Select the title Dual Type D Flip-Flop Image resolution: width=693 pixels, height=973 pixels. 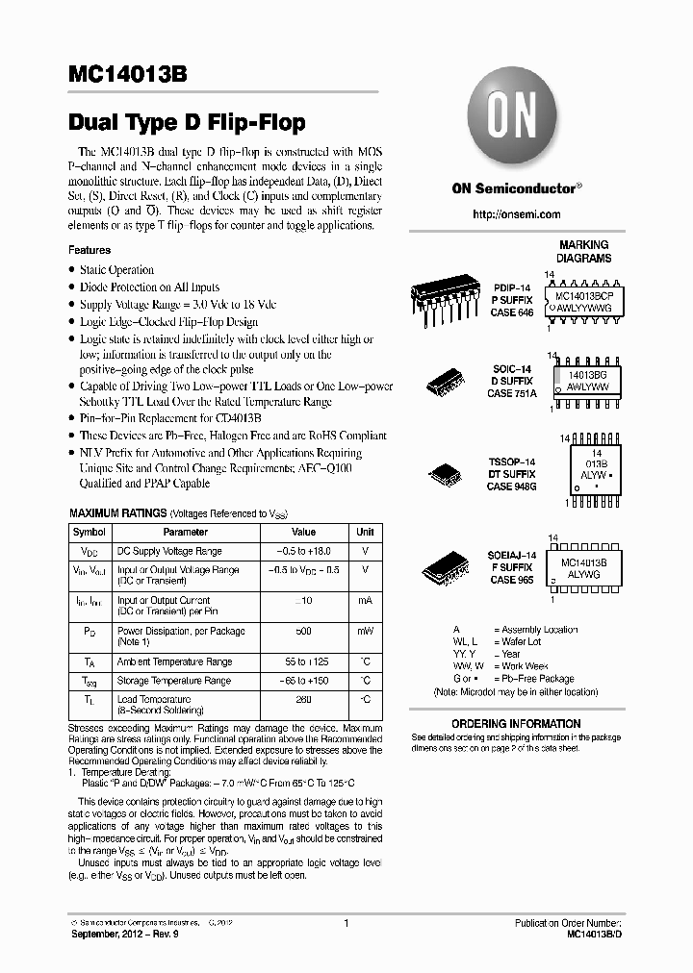[187, 122]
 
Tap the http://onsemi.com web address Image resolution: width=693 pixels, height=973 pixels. [517, 214]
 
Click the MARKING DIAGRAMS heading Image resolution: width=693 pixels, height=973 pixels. [583, 252]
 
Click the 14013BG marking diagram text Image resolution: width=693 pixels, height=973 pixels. [586, 379]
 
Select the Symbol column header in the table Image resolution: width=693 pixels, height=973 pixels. [90, 532]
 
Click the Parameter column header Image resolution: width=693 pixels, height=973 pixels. [185, 532]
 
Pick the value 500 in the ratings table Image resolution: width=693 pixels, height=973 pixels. [303, 631]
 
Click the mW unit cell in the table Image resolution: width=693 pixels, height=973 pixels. [365, 631]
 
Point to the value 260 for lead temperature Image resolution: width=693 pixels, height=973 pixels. [303, 699]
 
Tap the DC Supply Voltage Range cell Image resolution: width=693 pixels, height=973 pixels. [169, 551]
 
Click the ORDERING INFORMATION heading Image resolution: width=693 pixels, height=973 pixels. [516, 723]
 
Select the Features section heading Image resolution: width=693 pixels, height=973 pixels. [90, 250]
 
